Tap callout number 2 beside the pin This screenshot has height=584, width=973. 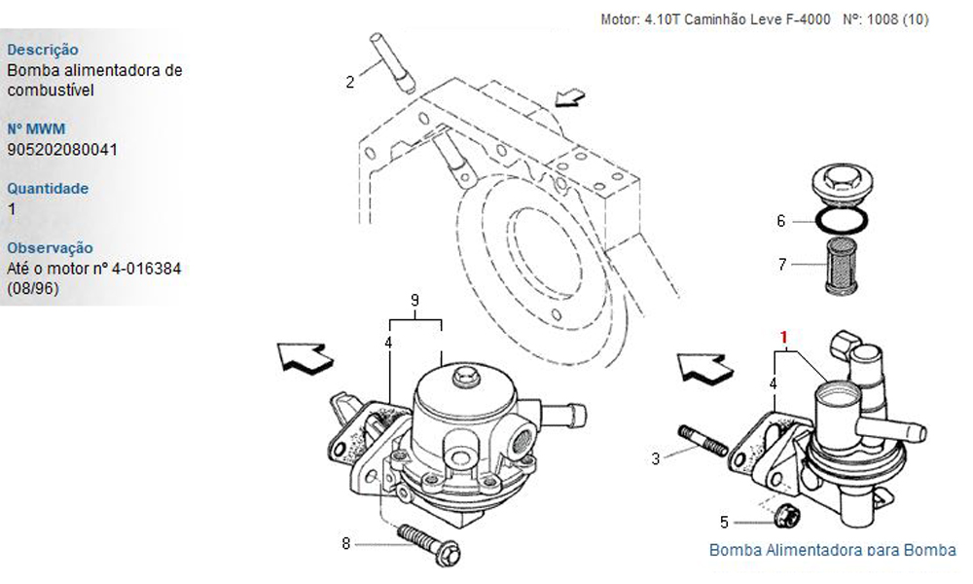click(x=350, y=82)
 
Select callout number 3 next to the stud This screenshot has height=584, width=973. click(x=656, y=456)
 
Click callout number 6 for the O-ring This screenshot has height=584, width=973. click(x=780, y=221)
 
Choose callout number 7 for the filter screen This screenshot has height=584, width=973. click(x=780, y=263)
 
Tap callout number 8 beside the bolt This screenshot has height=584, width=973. click(x=345, y=543)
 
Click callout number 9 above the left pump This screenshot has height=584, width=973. click(x=414, y=302)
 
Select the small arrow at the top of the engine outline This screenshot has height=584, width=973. click(x=570, y=97)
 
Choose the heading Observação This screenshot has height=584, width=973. click(x=50, y=248)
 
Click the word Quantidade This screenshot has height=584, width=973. click(x=48, y=188)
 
